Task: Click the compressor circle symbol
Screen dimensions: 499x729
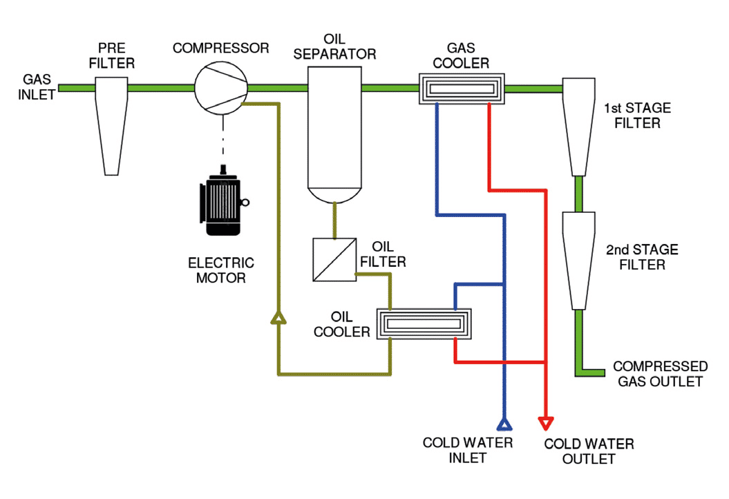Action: point(220,88)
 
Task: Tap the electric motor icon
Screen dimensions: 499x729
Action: point(223,204)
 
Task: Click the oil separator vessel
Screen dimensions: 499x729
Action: point(334,131)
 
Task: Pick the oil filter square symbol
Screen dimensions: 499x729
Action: point(334,259)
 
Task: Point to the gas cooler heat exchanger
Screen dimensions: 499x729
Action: point(461,89)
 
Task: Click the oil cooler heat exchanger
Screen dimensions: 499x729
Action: point(424,323)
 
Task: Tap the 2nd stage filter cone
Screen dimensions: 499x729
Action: point(579,259)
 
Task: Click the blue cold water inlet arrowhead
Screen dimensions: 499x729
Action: point(504,422)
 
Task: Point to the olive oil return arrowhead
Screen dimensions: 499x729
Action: point(278,317)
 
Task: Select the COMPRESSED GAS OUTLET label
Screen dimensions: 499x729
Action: point(660,374)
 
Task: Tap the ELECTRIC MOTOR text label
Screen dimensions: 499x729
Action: point(220,270)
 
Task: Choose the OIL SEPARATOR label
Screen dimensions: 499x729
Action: point(334,46)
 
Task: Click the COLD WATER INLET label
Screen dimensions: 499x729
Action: point(468,450)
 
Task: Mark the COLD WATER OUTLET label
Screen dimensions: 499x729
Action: point(589,451)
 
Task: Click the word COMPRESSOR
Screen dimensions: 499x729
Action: point(220,48)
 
